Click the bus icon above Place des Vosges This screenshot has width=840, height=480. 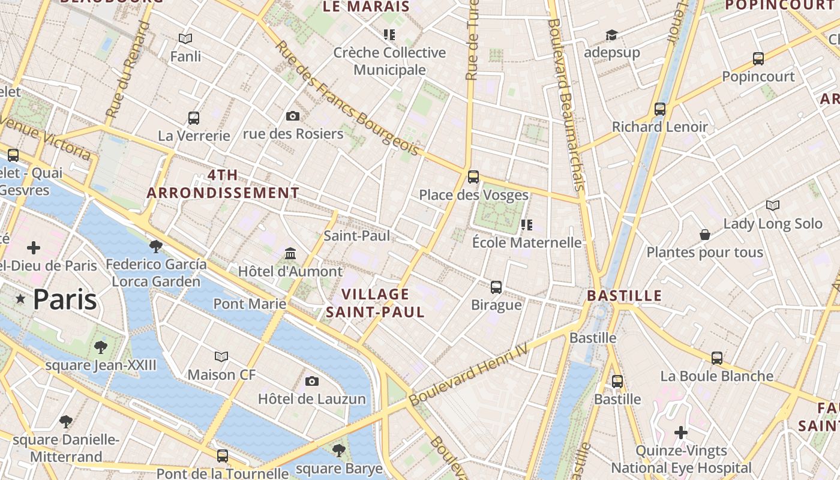[473, 176]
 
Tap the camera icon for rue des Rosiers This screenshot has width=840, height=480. [293, 116]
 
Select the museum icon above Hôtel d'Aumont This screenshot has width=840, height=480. [290, 253]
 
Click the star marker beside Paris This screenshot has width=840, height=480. [21, 299]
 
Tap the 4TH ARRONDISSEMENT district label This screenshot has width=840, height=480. [223, 184]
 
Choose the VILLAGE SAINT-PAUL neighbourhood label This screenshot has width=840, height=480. [376, 303]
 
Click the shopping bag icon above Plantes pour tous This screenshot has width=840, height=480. [705, 235]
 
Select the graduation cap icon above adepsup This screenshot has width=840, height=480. [611, 35]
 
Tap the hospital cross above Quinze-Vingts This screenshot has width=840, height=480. [681, 432]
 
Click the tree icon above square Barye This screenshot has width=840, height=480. [339, 450]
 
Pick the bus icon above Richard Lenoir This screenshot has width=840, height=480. [660, 109]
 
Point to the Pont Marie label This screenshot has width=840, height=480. [250, 304]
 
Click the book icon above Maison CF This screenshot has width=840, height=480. [221, 357]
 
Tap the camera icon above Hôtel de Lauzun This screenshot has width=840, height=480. [311, 381]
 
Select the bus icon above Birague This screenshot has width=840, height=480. [496, 287]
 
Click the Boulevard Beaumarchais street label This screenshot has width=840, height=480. [565, 105]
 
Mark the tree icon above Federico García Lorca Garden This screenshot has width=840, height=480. [156, 246]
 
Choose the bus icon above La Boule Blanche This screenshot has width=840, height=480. [717, 358]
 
